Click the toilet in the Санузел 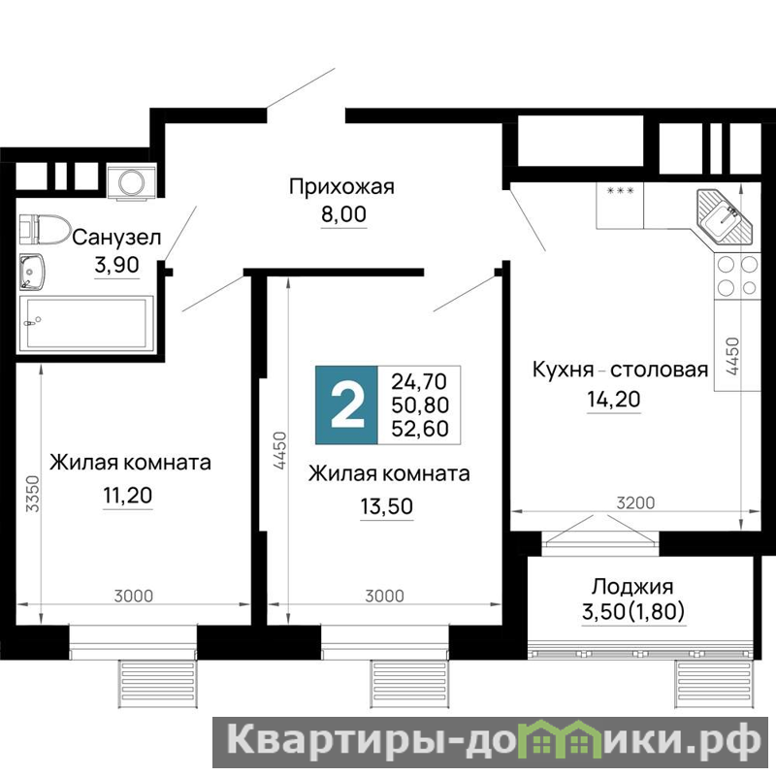click(x=44, y=229)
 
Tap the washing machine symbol click(x=132, y=182)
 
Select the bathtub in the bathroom click(x=86, y=323)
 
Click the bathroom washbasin click(x=32, y=272)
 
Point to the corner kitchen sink click(x=724, y=216)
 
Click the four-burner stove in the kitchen click(x=737, y=276)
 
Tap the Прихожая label click(x=341, y=187)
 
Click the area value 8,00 click(x=343, y=214)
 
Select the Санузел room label click(x=116, y=238)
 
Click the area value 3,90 click(x=116, y=265)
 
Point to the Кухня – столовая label click(x=620, y=370)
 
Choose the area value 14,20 click(x=614, y=399)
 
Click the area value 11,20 click(x=128, y=495)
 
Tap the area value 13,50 click(x=386, y=506)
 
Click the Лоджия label click(x=632, y=587)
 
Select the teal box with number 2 click(x=347, y=404)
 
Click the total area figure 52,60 click(x=420, y=429)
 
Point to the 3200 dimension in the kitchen click(x=635, y=503)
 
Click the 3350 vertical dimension click(x=32, y=494)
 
